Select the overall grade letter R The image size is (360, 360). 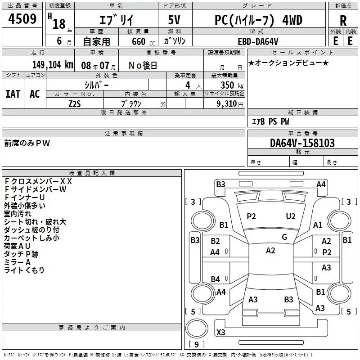pos(343,21)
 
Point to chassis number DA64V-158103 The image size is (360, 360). pos(302,144)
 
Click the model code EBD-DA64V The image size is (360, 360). pos(264,41)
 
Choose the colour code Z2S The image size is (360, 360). pos(75,103)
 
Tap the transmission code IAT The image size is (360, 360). pos(13,94)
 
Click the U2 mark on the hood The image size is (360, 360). pos(291,216)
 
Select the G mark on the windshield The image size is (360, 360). pos(284,237)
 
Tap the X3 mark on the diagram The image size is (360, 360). pos(221,333)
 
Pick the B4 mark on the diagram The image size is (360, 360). pos(216,279)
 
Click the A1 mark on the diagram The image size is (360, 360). pos(318,225)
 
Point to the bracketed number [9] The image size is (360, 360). pos(196,345)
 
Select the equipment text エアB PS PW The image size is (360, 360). pos(270,121)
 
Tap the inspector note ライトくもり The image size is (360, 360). pos(24,270)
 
